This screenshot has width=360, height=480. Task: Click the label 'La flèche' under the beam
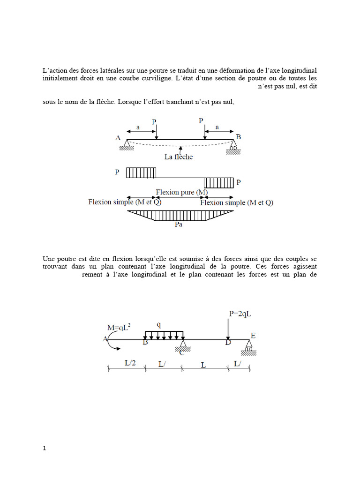click(x=178, y=157)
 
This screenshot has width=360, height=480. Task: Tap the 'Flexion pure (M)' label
click(x=182, y=192)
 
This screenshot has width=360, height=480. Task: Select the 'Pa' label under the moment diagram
click(x=178, y=225)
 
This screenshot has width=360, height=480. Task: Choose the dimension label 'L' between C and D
click(x=203, y=365)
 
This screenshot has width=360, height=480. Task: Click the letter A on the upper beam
click(x=118, y=138)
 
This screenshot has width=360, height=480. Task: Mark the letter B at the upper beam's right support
click(x=239, y=137)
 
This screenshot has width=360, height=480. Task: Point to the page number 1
click(x=45, y=448)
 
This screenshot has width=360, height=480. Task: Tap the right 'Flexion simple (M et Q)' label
click(x=236, y=203)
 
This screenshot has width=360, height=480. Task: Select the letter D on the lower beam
click(x=228, y=343)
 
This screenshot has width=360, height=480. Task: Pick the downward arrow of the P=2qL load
click(x=227, y=328)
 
